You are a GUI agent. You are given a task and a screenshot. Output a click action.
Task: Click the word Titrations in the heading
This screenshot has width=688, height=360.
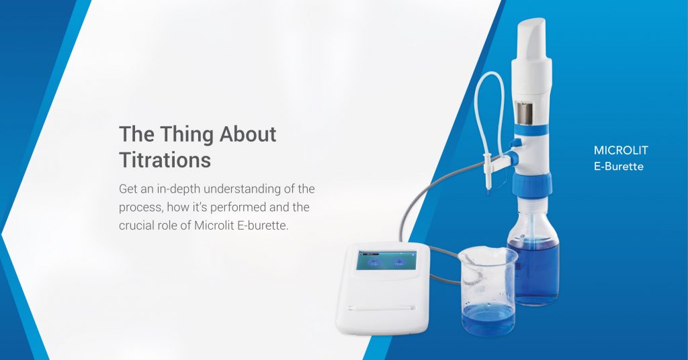[x=165, y=161]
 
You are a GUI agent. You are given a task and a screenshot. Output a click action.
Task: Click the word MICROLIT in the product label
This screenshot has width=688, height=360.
[x=621, y=150]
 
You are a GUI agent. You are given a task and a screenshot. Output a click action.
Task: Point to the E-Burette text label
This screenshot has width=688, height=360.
[x=618, y=166]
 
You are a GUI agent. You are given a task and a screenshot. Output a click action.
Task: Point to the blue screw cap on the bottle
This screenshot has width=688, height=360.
[x=532, y=183]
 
